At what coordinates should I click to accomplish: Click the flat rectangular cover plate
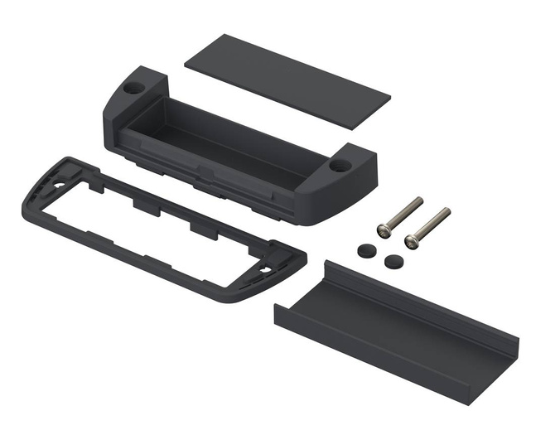pyautogui.click(x=287, y=80)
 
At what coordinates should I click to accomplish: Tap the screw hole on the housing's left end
pyautogui.click(x=133, y=86)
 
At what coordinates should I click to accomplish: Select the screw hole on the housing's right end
pyautogui.click(x=340, y=166)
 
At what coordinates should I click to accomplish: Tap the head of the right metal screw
pyautogui.click(x=411, y=241)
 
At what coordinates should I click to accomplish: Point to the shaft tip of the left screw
pyautogui.click(x=419, y=200)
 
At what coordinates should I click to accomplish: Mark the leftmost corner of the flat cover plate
pyautogui.click(x=183, y=60)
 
